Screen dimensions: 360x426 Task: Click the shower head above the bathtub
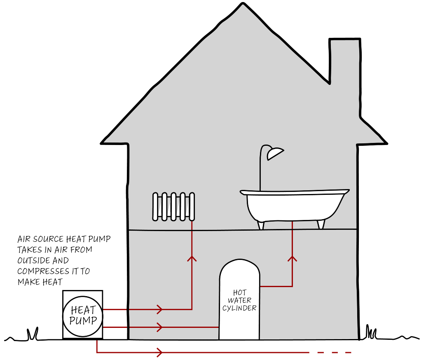[274, 154]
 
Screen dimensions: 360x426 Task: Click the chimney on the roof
[344, 62]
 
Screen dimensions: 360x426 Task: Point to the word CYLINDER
[239, 308]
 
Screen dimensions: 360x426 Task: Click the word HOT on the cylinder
[239, 293]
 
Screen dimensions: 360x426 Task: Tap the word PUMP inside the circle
[83, 320]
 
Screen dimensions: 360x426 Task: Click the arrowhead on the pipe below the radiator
[192, 258]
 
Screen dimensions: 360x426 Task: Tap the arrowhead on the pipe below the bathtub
[292, 258]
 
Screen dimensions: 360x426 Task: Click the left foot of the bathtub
[260, 224]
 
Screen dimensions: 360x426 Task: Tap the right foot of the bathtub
[321, 224]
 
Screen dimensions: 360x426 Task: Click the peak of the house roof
[243, 5]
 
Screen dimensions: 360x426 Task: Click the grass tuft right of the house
[371, 332]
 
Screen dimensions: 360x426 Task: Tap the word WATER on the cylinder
[239, 300]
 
